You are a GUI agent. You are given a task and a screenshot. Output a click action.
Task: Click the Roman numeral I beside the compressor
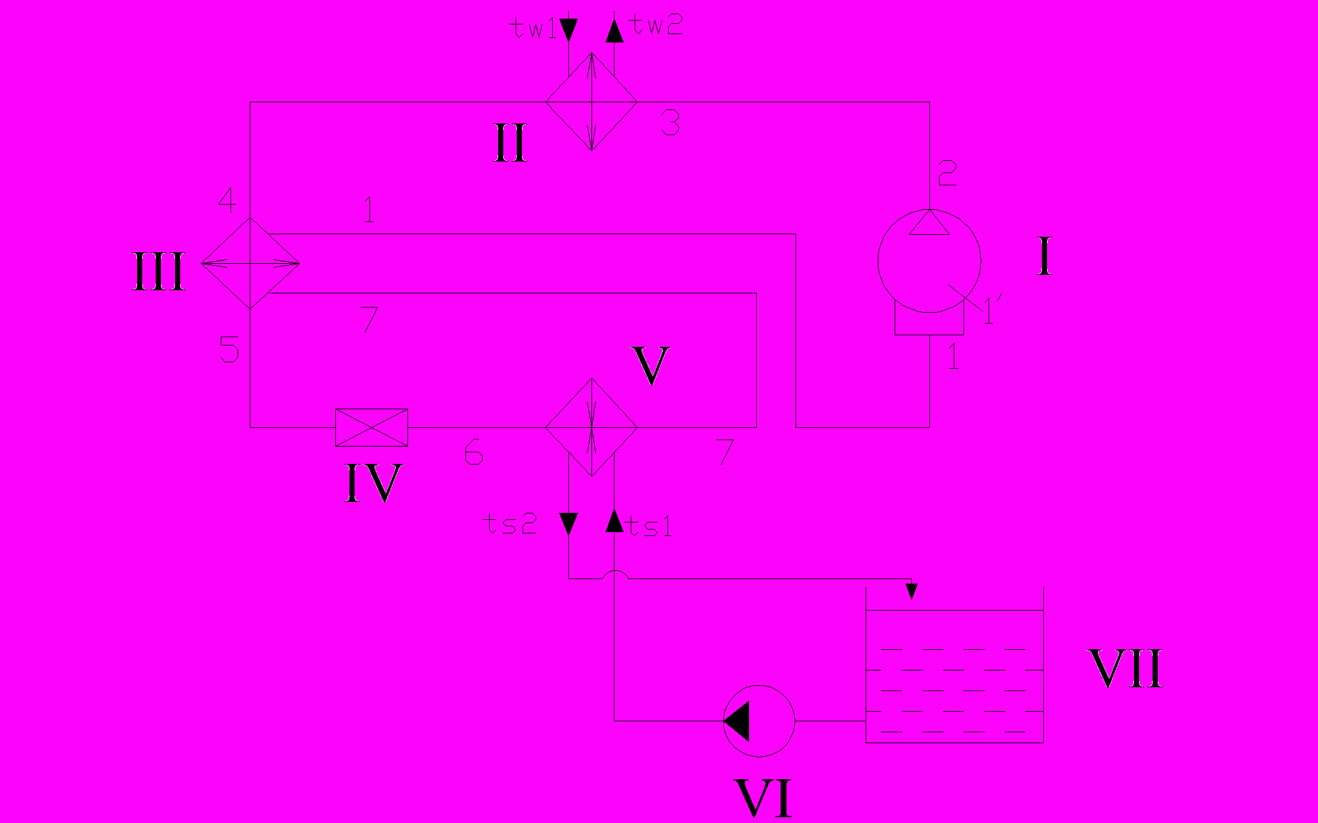click(1044, 256)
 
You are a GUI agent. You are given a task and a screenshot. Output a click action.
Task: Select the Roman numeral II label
click(510, 143)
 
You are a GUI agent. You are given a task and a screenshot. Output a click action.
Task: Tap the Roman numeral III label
click(158, 272)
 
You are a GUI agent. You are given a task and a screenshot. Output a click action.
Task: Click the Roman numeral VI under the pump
click(763, 797)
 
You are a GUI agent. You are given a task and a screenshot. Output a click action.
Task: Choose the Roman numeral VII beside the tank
click(1125, 669)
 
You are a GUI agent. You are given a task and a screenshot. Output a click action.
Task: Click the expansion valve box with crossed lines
click(371, 427)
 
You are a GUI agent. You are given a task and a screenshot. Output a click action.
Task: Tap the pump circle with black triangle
click(759, 721)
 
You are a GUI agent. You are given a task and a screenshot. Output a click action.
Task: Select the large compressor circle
click(929, 261)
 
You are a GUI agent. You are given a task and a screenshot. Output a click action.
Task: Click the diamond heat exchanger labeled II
click(591, 102)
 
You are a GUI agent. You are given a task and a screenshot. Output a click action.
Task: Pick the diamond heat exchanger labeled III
click(250, 263)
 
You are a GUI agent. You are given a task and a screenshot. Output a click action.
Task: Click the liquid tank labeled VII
click(954, 676)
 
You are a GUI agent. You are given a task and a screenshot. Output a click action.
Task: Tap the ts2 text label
click(510, 524)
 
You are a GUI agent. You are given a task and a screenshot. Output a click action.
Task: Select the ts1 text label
click(650, 526)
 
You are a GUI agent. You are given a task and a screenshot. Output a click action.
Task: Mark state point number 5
click(229, 349)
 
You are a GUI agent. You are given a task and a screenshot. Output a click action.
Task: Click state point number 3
click(670, 122)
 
